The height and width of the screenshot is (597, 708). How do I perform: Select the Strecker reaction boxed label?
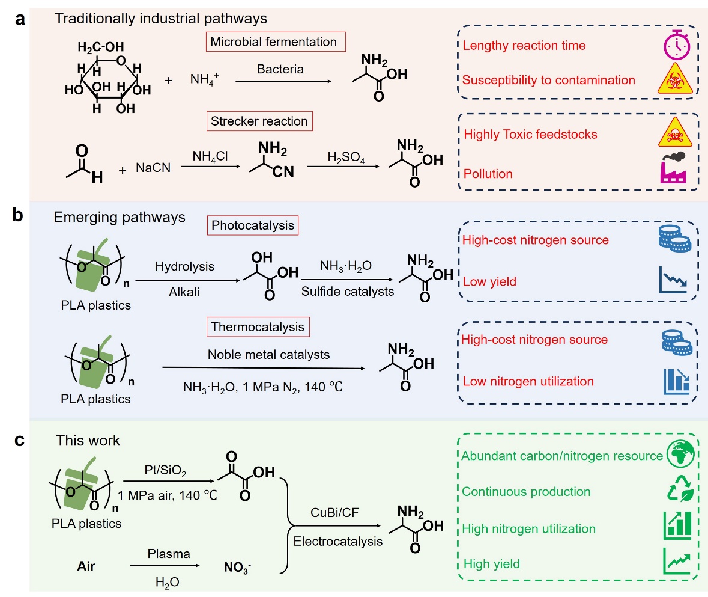[x=259, y=121]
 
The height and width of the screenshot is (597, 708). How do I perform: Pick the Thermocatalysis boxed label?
[x=256, y=328]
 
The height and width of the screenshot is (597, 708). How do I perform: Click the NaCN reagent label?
[x=153, y=169]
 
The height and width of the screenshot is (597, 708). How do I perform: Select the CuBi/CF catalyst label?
[x=337, y=512]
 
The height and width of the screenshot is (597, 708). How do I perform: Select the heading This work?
[x=88, y=441]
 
